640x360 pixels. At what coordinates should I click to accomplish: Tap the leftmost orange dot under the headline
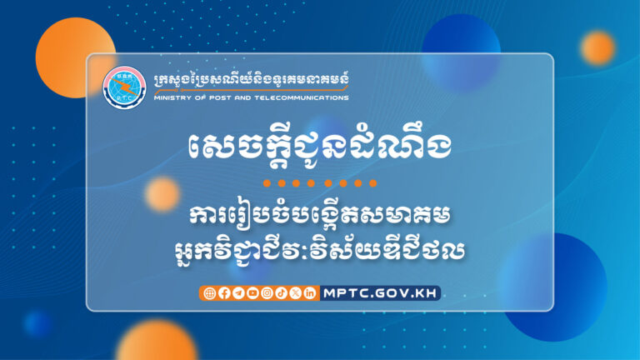pyautogui.click(x=267, y=182)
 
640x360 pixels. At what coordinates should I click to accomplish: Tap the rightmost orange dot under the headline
pyautogui.click(x=373, y=182)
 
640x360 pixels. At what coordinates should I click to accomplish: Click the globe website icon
pyautogui.click(x=209, y=292)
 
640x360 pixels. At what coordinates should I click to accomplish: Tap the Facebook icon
pyautogui.click(x=223, y=292)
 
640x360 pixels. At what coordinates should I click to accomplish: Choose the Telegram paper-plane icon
pyautogui.click(x=238, y=292)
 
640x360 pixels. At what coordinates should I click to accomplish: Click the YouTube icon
pyautogui.click(x=252, y=292)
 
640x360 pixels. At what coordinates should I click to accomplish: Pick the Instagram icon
pyautogui.click(x=267, y=292)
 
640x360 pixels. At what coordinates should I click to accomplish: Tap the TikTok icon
pyautogui.click(x=281, y=292)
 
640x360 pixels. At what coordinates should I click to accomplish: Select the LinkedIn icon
pyautogui.click(x=310, y=292)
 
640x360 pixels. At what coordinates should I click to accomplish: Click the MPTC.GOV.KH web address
pyautogui.click(x=380, y=292)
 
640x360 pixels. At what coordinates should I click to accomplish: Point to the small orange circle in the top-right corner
pyautogui.click(x=597, y=47)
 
